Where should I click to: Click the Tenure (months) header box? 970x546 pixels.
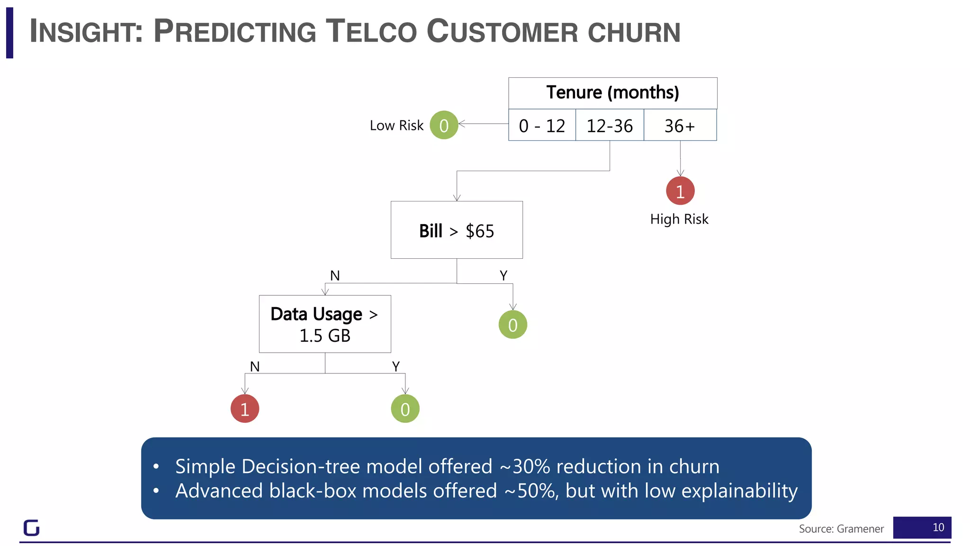[612, 93]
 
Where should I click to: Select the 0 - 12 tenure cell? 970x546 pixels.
[542, 126]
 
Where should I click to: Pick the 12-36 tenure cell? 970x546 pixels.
[610, 126]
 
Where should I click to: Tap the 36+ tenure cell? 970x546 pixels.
[680, 126]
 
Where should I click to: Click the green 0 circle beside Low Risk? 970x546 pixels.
[444, 125]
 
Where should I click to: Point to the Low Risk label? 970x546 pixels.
[396, 126]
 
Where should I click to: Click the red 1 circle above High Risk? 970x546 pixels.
[680, 191]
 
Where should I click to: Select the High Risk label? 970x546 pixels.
[679, 219]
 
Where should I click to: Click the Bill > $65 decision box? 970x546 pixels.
[457, 230]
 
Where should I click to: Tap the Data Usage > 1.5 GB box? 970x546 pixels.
[325, 324]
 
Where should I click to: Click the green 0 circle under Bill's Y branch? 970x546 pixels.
[513, 325]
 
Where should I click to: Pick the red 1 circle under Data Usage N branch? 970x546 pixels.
[245, 409]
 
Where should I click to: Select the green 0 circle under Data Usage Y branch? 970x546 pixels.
[405, 409]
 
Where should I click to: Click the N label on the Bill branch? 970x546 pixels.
[335, 275]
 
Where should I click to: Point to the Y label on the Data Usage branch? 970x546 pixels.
[396, 366]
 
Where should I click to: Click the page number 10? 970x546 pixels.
[938, 528]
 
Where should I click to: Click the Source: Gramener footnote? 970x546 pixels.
[841, 529]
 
